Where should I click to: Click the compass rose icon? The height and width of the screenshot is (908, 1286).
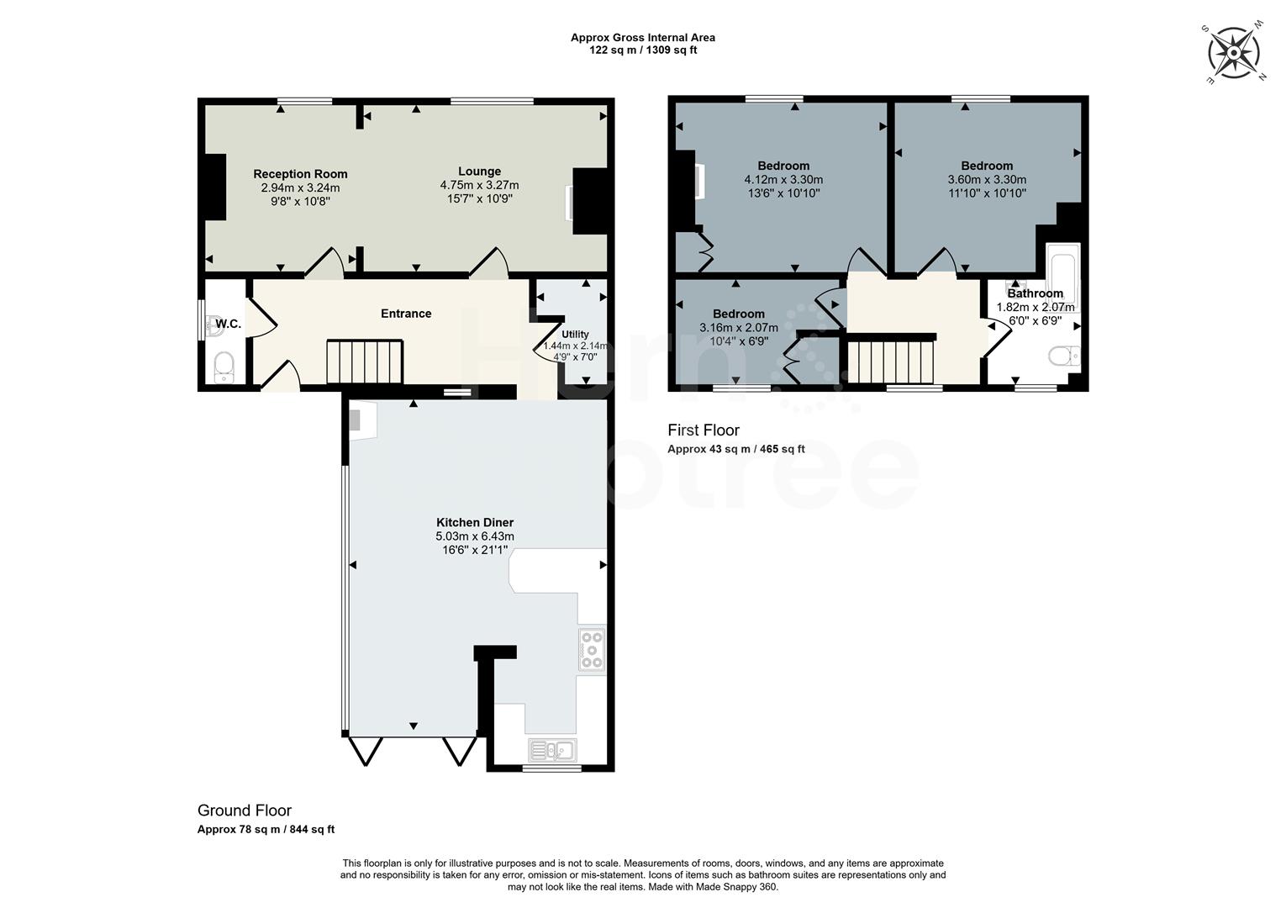[1234, 53]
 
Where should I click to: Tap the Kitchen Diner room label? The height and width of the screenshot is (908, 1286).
[475, 523]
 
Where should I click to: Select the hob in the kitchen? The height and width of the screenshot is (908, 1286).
[592, 650]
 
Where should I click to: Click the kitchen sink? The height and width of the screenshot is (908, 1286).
[552, 750]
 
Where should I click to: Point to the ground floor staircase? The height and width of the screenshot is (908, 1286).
[365, 362]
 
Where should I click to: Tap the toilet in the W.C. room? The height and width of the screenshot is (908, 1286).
[224, 367]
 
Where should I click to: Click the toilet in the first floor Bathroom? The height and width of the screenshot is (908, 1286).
[1064, 356]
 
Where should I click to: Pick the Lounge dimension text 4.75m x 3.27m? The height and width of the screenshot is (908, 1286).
[479, 185]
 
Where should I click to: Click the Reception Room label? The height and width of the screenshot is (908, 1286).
[300, 174]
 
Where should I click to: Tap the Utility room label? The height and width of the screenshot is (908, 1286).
[575, 335]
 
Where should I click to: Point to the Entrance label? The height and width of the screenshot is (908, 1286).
[406, 314]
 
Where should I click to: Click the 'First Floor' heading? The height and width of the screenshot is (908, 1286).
[704, 430]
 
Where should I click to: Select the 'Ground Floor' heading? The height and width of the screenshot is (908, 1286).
[245, 810]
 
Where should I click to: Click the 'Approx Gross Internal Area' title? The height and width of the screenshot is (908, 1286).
[643, 37]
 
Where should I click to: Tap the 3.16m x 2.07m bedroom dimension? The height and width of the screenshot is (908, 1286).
[739, 328]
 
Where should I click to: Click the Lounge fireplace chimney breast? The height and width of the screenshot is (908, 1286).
[589, 201]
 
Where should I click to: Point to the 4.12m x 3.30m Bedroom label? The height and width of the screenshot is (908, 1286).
[783, 166]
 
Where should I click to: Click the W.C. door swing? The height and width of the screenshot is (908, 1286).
[263, 318]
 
